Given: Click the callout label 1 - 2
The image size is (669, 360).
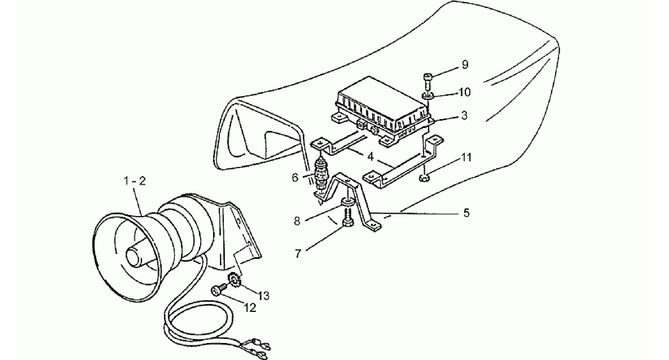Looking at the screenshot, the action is pos(135,182).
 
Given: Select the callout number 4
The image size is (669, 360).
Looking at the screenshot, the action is pos(371,157).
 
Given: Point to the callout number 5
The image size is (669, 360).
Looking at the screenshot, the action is pos(466,213).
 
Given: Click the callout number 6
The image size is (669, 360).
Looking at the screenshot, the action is pos(295,178).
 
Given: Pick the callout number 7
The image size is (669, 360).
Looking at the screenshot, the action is pos(298,254).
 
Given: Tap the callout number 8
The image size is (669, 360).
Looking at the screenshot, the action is pos(297,221).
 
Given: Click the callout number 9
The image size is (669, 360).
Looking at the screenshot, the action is pos(465,64).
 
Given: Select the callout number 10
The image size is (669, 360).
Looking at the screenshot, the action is pos(464,92).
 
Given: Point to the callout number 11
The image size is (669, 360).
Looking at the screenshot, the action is pos(466,158).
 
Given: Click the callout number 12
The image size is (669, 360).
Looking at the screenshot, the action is pos(250,308).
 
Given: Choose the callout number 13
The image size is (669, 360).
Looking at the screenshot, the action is pos(263,296).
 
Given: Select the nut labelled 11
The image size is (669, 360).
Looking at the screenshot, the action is pos(424,178).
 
